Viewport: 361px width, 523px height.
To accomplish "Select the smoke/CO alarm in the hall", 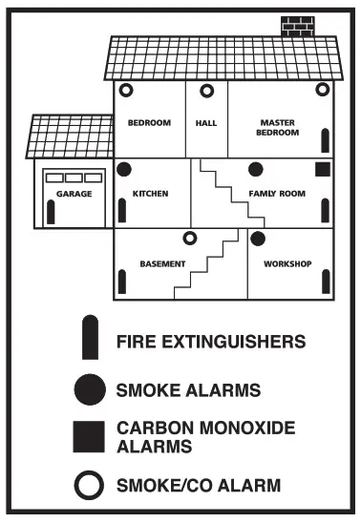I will pyautogui.click(x=205, y=91).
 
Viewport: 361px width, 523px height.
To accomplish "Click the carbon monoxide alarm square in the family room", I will pyautogui.click(x=322, y=170).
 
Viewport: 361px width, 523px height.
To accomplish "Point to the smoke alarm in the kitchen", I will pyautogui.click(x=123, y=170).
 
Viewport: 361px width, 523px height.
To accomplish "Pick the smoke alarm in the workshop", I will pyautogui.click(x=257, y=238).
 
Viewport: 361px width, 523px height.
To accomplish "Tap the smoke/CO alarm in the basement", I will pyautogui.click(x=189, y=238).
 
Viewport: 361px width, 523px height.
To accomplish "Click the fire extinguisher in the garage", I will pyautogui.click(x=51, y=212).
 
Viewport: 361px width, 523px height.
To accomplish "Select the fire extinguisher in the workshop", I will pyautogui.click(x=326, y=280).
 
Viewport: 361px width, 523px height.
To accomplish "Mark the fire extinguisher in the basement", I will pyautogui.click(x=122, y=281).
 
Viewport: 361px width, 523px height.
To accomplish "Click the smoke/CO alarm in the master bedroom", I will pyautogui.click(x=322, y=90).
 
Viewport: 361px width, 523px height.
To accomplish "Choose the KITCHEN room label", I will pyautogui.click(x=149, y=194).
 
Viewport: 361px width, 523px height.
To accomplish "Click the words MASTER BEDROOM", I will pyautogui.click(x=277, y=128).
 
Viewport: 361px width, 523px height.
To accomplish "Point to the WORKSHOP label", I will pyautogui.click(x=288, y=263).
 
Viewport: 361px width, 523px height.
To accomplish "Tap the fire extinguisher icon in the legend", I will pyautogui.click(x=89, y=338).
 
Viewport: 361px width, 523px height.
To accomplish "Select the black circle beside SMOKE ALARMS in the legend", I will pyautogui.click(x=89, y=389).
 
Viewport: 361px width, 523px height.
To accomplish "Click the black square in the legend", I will pyautogui.click(x=89, y=436).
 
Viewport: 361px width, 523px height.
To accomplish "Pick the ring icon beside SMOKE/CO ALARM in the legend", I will pyautogui.click(x=89, y=486).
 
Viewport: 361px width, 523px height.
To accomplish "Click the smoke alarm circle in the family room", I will pyautogui.click(x=256, y=170).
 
